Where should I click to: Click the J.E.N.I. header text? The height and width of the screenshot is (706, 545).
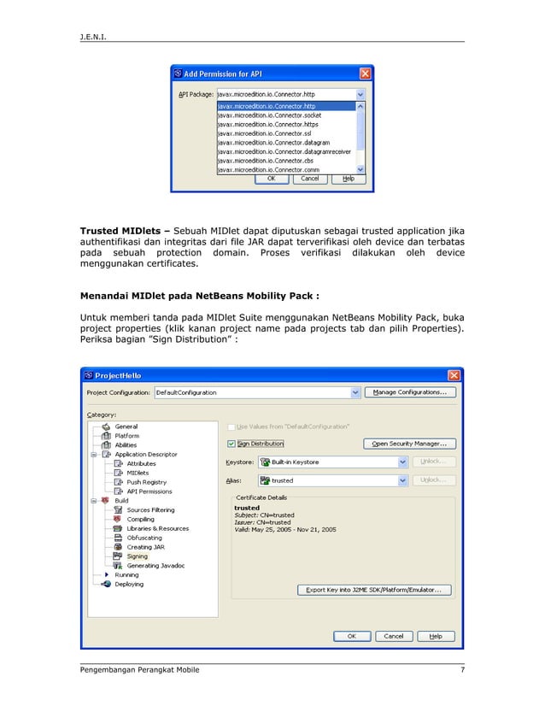coord(94,37)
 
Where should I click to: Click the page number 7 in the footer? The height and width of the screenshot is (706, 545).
coord(462,669)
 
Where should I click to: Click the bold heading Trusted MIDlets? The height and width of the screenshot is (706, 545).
coord(121,229)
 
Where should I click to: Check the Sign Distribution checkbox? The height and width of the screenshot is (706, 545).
coord(231,444)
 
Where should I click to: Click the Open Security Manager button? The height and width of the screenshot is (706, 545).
coord(410,444)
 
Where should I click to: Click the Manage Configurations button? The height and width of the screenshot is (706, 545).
coord(410,392)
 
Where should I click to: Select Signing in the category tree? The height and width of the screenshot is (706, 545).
coord(137,556)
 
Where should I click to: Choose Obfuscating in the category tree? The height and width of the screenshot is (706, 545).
coord(144,538)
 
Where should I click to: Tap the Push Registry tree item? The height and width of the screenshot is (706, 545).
coord(146,482)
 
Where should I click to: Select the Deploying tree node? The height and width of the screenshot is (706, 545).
coord(129,585)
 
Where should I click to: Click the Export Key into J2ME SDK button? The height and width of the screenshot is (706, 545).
coord(374,590)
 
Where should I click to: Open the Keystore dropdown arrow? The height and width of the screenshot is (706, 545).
coord(402,462)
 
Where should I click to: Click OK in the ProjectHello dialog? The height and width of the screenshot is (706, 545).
coord(352,636)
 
